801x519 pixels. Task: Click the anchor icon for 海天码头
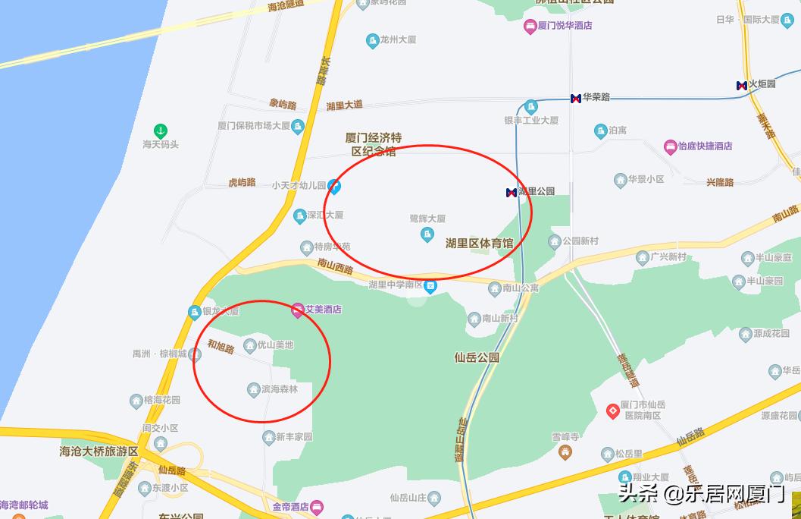coord(160,131)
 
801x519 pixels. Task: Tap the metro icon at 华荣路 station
coord(576,98)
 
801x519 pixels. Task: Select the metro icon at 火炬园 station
coord(742,85)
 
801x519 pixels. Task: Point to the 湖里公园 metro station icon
coord(512,192)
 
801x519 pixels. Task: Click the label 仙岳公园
coord(477,357)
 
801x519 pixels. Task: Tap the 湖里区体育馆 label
coord(479,244)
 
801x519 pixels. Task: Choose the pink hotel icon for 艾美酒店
coord(297,310)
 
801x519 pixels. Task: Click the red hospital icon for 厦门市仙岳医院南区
coord(613,410)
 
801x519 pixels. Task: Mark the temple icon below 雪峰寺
coord(565,452)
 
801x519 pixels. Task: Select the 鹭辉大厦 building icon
coord(427,234)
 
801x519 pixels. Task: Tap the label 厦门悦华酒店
coord(565,26)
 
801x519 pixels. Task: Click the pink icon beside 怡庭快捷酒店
coord(670,146)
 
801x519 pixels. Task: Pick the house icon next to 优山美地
coord(250,346)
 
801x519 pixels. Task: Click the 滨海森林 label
coord(280,390)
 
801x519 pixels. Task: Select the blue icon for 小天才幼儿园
coord(334,186)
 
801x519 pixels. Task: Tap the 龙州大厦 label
coord(399,39)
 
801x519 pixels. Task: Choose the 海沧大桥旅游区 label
coord(99,451)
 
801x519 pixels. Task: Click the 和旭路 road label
coord(221,347)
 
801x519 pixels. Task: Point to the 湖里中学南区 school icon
coord(430,286)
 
